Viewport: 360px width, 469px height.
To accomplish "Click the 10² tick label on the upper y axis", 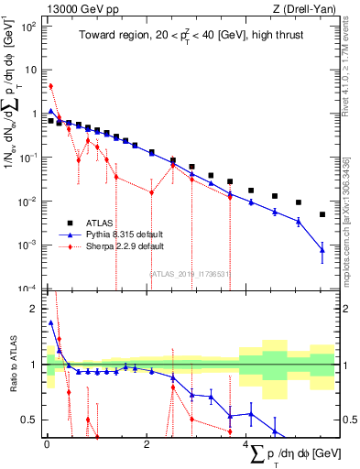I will point(29,26).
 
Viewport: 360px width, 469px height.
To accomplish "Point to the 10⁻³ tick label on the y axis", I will point(29,245).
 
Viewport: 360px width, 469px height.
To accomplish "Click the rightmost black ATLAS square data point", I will point(322,214).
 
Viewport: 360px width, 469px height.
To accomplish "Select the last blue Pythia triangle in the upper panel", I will point(322,249).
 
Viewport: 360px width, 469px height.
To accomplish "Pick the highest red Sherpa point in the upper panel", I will point(51,86).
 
